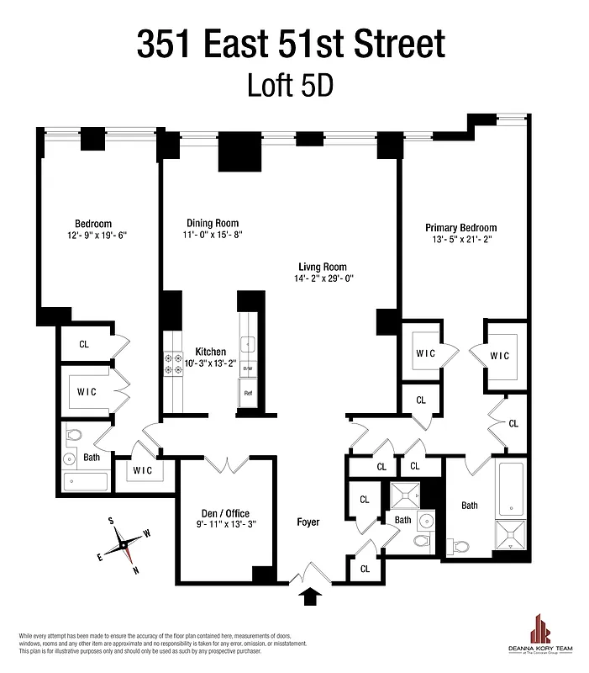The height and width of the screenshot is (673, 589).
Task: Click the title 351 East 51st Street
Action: click(291, 43)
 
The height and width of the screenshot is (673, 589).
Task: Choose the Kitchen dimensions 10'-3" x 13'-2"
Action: click(210, 364)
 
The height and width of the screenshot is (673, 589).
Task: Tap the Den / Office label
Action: click(224, 513)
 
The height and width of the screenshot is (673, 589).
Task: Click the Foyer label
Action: click(308, 522)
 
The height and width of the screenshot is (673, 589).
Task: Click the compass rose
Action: click(124, 546)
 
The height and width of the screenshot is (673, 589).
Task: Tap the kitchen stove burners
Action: click(173, 363)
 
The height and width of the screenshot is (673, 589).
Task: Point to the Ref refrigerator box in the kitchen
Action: click(249, 393)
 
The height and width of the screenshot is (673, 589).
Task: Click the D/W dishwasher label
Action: click(249, 368)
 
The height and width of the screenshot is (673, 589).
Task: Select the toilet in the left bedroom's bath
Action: click(72, 436)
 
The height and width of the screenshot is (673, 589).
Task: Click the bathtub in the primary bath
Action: click(510, 490)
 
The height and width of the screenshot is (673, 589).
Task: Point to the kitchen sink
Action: click(249, 343)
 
